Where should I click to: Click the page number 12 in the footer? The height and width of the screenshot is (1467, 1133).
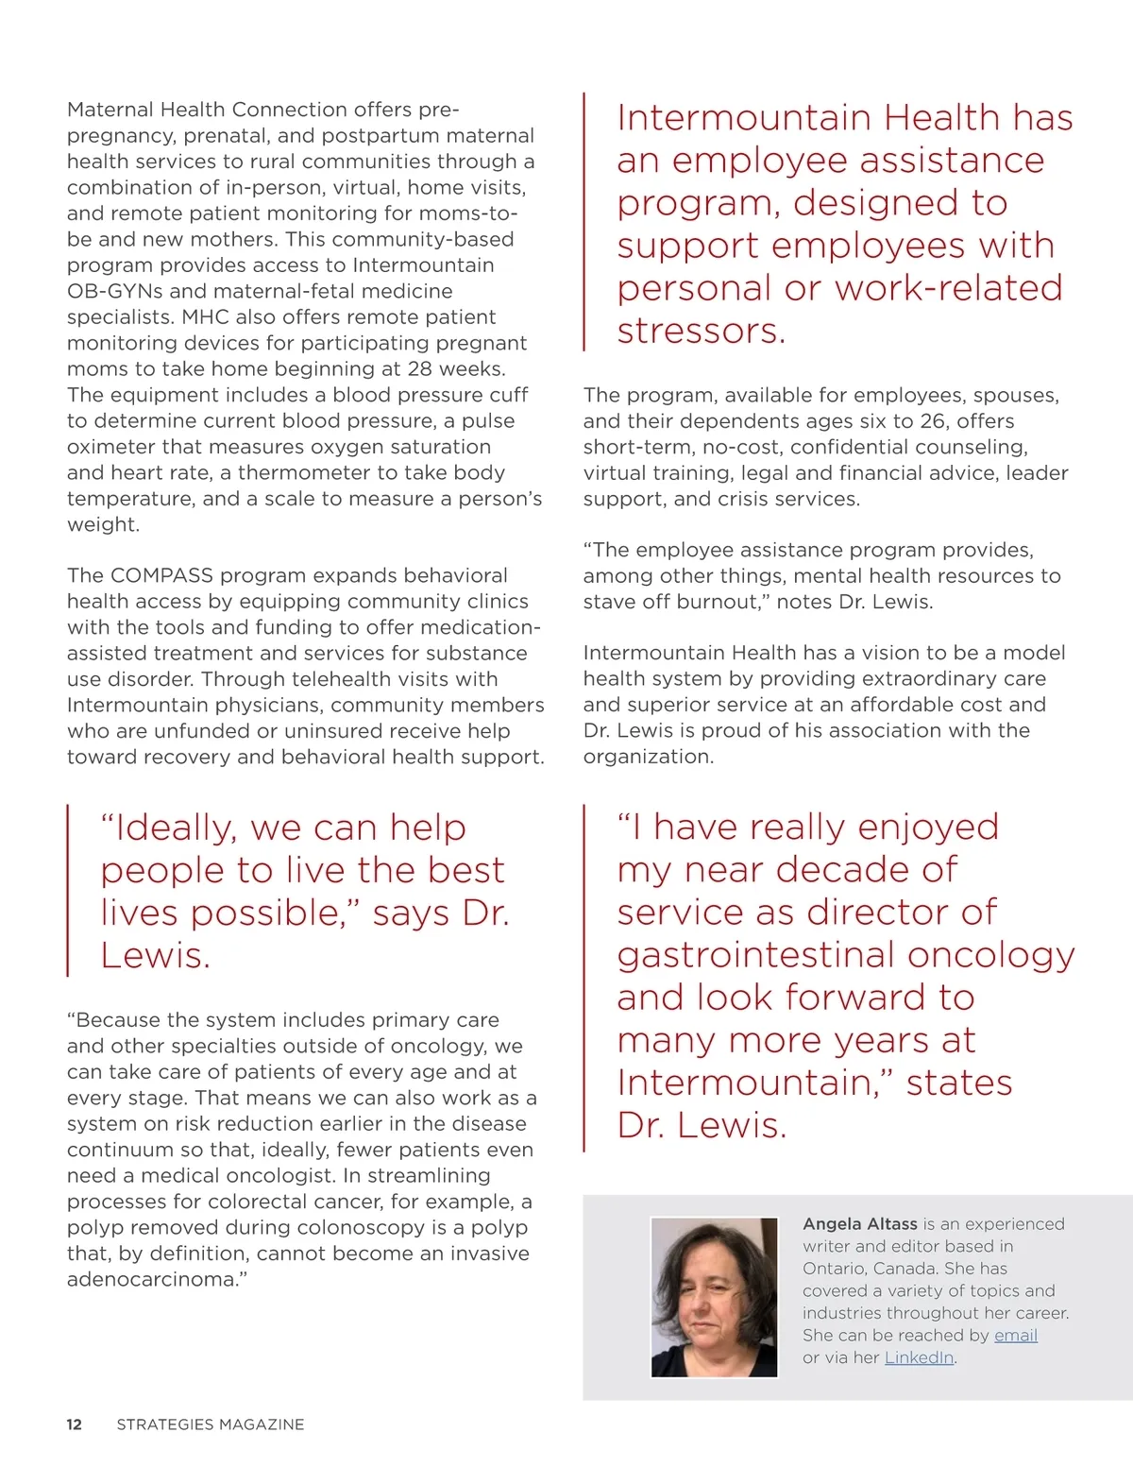coord(75,1424)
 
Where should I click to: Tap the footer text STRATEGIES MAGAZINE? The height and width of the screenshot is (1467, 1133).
coord(211,1424)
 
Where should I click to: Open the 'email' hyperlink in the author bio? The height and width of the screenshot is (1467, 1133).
coord(1016,1335)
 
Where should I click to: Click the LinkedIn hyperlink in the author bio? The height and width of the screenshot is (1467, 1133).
coord(919,1357)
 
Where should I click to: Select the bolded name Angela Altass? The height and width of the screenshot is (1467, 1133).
coord(860,1223)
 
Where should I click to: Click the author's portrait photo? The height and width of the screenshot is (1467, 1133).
coord(715,1297)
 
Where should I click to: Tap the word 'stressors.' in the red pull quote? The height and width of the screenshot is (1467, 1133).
coord(702,331)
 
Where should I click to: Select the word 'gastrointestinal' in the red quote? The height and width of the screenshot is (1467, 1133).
coord(756,955)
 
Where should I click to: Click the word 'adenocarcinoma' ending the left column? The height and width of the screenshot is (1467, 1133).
coord(151,1279)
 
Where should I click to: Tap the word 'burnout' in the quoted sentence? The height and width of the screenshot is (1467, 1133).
coord(715,602)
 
